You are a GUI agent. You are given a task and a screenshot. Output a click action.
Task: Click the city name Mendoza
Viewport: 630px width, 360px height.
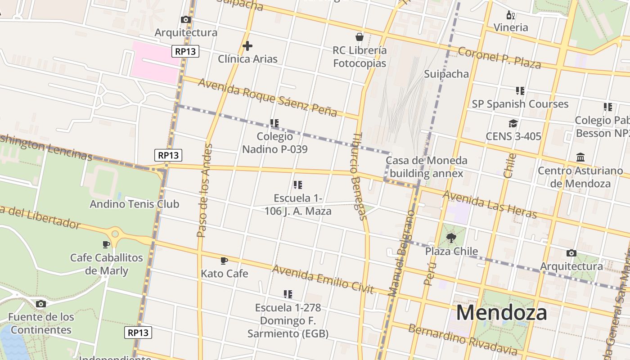pos(501,313)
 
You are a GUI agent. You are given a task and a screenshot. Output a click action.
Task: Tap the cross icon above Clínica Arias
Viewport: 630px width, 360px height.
pos(247,46)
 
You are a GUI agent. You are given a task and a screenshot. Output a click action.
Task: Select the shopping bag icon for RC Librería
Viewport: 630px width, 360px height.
pos(359,36)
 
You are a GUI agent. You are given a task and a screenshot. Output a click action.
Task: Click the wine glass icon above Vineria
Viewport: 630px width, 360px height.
pos(511,15)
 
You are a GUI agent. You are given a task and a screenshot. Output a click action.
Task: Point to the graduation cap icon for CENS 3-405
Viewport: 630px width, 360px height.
pos(513,123)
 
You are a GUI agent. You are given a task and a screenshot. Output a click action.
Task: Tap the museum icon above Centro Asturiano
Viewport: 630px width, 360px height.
pos(580,157)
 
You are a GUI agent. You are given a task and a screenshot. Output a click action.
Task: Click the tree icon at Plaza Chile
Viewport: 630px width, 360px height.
pos(451,238)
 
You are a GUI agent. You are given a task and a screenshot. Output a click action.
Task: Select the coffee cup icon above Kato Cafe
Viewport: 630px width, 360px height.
pos(224,261)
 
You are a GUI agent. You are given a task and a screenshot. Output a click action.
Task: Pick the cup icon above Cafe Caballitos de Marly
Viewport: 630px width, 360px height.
pos(106,244)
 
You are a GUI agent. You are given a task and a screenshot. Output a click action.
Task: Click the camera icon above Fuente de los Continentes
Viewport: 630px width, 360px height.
pos(40,304)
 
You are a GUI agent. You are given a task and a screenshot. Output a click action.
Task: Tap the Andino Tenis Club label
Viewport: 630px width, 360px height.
pos(134,204)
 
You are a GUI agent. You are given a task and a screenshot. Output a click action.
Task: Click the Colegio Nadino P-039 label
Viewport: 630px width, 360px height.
pos(274,143)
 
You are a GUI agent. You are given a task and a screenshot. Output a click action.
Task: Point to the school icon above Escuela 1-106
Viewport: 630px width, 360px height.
pos(297,185)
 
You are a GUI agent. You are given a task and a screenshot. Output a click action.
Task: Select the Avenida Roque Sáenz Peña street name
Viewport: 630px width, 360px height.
pos(267,97)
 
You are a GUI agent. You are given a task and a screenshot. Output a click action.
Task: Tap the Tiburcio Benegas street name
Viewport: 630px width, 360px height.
pos(359,175)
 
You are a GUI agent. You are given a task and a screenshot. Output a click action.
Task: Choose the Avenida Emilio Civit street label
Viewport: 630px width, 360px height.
pos(323,279)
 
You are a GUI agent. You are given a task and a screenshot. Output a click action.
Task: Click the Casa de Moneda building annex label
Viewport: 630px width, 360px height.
pos(426,167)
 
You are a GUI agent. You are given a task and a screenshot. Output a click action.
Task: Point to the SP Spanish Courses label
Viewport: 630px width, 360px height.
pos(520,104)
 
